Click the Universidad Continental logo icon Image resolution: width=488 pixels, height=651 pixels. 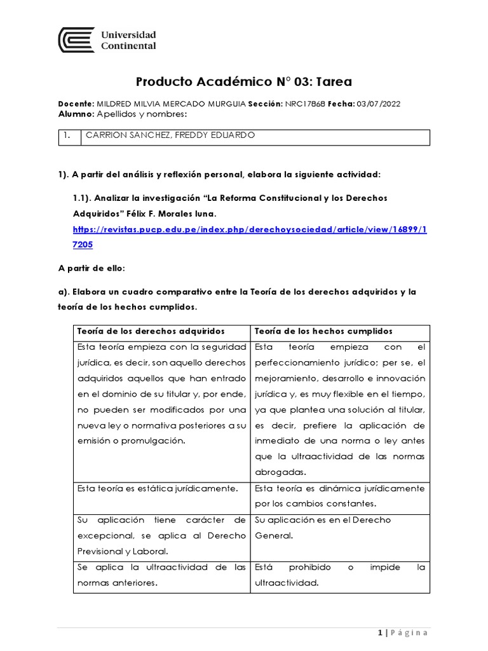point(76,40)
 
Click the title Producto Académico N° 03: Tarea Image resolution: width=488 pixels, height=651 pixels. point(244,81)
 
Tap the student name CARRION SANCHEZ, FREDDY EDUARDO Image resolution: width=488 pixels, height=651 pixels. point(171,135)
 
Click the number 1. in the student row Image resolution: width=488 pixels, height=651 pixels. point(67,135)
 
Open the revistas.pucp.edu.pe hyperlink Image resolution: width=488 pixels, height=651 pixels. point(250,229)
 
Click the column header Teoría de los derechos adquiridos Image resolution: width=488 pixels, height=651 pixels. point(151,332)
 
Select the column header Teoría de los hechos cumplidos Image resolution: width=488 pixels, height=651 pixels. point(323,332)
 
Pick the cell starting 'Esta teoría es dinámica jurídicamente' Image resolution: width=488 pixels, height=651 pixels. point(339,496)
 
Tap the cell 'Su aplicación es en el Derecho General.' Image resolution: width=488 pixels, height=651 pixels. point(323,528)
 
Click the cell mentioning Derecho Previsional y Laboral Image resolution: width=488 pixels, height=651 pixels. point(161,535)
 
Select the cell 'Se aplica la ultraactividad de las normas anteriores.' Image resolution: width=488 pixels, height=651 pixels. point(161,575)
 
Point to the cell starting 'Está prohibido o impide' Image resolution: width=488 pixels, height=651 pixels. point(339,575)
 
